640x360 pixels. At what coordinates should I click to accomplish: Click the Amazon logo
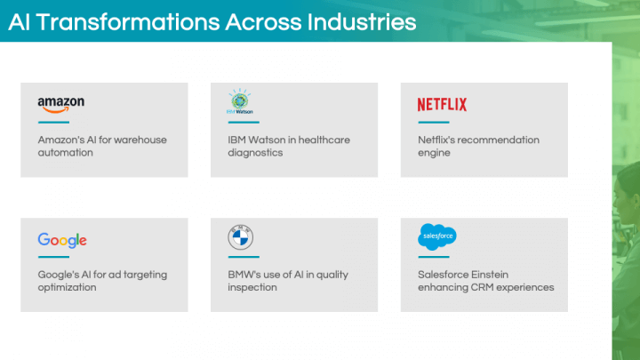click(x=61, y=105)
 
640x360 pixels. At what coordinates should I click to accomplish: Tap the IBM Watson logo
click(x=240, y=101)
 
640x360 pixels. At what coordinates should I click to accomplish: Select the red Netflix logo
click(x=442, y=105)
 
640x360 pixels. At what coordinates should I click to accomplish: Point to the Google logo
click(x=62, y=240)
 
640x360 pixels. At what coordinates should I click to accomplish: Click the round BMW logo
click(x=240, y=237)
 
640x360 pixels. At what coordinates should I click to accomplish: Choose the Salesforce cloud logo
click(x=437, y=236)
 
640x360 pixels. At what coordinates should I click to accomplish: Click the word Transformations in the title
click(x=129, y=22)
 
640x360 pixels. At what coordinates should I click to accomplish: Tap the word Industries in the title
click(x=362, y=22)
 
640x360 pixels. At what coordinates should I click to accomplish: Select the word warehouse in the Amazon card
click(x=140, y=140)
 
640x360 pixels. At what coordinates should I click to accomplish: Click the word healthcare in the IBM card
click(x=324, y=140)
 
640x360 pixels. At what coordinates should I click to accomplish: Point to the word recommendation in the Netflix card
click(x=500, y=140)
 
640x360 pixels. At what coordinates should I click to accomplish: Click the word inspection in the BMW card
click(x=252, y=287)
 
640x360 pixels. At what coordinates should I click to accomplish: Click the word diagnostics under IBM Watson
click(x=255, y=153)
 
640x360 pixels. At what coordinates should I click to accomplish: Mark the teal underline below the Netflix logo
click(x=434, y=122)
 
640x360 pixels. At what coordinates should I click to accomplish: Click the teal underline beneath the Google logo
click(x=53, y=257)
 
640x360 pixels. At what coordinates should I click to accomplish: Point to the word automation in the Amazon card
click(x=65, y=153)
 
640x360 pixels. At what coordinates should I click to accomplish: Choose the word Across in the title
click(x=263, y=22)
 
